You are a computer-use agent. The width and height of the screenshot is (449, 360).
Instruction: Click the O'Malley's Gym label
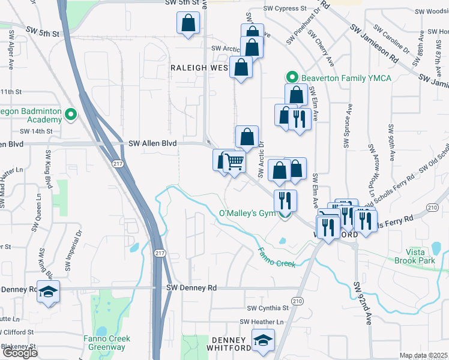(247, 214)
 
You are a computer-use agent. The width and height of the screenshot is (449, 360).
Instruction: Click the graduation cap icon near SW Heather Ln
(262, 342)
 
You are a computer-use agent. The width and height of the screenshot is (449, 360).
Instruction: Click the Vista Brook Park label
(418, 256)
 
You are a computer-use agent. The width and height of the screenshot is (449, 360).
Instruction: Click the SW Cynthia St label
(268, 308)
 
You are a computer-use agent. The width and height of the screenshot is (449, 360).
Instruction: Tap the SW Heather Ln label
(261, 322)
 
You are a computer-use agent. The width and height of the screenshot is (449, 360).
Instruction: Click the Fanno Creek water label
(277, 257)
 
